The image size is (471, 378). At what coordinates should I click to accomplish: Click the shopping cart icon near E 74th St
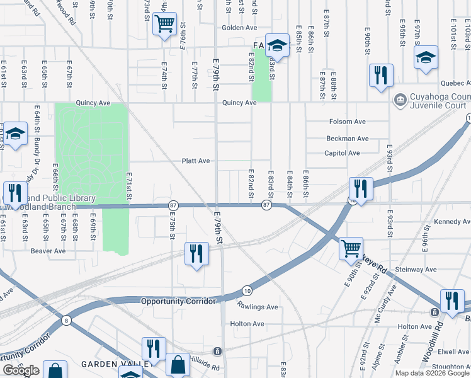click(164, 25)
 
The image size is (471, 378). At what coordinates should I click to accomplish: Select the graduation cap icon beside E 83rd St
click(276, 45)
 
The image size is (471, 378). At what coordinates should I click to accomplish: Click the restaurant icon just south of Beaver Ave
click(196, 254)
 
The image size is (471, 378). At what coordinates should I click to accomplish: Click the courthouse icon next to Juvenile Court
click(400, 100)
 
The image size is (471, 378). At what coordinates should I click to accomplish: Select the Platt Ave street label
click(196, 161)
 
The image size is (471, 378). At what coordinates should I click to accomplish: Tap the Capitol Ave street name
click(342, 153)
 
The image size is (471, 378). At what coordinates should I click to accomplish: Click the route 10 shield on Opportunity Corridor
click(247, 290)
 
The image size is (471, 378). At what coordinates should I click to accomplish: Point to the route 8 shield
click(66, 321)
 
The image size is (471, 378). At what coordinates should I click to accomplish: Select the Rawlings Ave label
click(258, 307)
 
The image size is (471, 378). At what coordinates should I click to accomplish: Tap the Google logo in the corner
click(21, 370)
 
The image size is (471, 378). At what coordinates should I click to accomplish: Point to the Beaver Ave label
click(48, 251)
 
